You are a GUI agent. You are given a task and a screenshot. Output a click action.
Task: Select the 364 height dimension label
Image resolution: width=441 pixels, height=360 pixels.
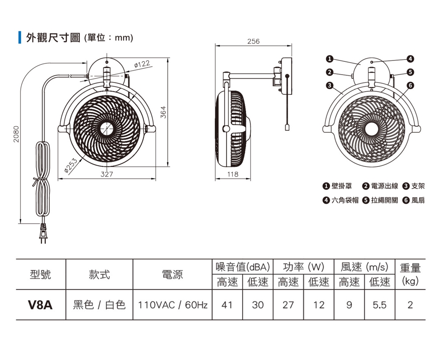coord(163,112)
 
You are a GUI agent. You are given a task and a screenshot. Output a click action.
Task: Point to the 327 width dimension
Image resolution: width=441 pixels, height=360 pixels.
coord(106,174)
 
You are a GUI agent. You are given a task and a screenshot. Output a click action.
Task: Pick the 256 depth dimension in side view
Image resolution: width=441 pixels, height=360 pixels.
coord(253,41)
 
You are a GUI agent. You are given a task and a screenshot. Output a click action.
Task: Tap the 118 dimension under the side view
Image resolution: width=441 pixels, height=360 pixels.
coord(233,174)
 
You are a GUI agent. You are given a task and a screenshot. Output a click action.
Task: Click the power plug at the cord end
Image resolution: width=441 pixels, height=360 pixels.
coord(43,233)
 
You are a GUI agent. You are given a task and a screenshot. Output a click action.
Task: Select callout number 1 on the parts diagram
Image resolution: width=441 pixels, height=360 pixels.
coord(329,59)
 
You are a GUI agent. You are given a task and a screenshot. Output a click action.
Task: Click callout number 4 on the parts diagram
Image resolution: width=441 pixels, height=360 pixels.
coord(411,59)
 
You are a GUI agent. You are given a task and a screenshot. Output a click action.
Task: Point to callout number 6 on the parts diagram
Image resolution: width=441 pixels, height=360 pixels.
coord(411,85)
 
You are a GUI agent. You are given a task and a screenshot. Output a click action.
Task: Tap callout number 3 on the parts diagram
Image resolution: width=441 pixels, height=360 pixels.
coord(329,85)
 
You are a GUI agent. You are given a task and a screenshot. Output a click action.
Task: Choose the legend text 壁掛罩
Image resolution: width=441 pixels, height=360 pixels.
coord(342,187)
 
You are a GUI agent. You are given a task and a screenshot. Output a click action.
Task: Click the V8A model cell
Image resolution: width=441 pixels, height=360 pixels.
coord(40,305)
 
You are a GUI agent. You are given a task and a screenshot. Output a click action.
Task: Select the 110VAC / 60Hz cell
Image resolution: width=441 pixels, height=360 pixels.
coord(172,305)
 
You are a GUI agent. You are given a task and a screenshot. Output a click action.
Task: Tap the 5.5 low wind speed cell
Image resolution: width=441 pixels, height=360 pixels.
coord(379,305)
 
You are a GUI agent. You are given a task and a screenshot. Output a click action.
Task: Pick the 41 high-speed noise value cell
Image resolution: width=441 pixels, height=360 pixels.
coord(227,305)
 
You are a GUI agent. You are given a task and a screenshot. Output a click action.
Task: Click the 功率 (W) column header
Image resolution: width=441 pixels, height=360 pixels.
coord(303,267)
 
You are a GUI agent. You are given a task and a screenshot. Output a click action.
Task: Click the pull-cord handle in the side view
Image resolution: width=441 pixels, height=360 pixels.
coord(286,127)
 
